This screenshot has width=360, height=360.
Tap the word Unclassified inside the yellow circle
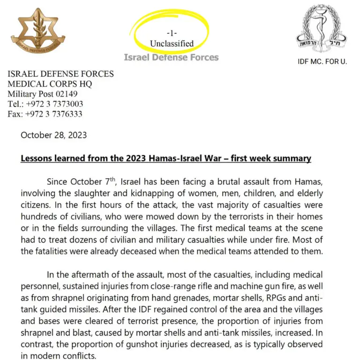click(172, 44)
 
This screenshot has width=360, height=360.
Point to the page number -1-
click(172, 33)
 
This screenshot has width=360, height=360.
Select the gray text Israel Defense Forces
click(171, 57)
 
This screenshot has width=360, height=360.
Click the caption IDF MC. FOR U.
click(322, 62)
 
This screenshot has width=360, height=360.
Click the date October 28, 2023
click(53, 135)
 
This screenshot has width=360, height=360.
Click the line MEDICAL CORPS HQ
click(50, 84)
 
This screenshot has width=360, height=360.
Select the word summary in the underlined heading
click(294, 158)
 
